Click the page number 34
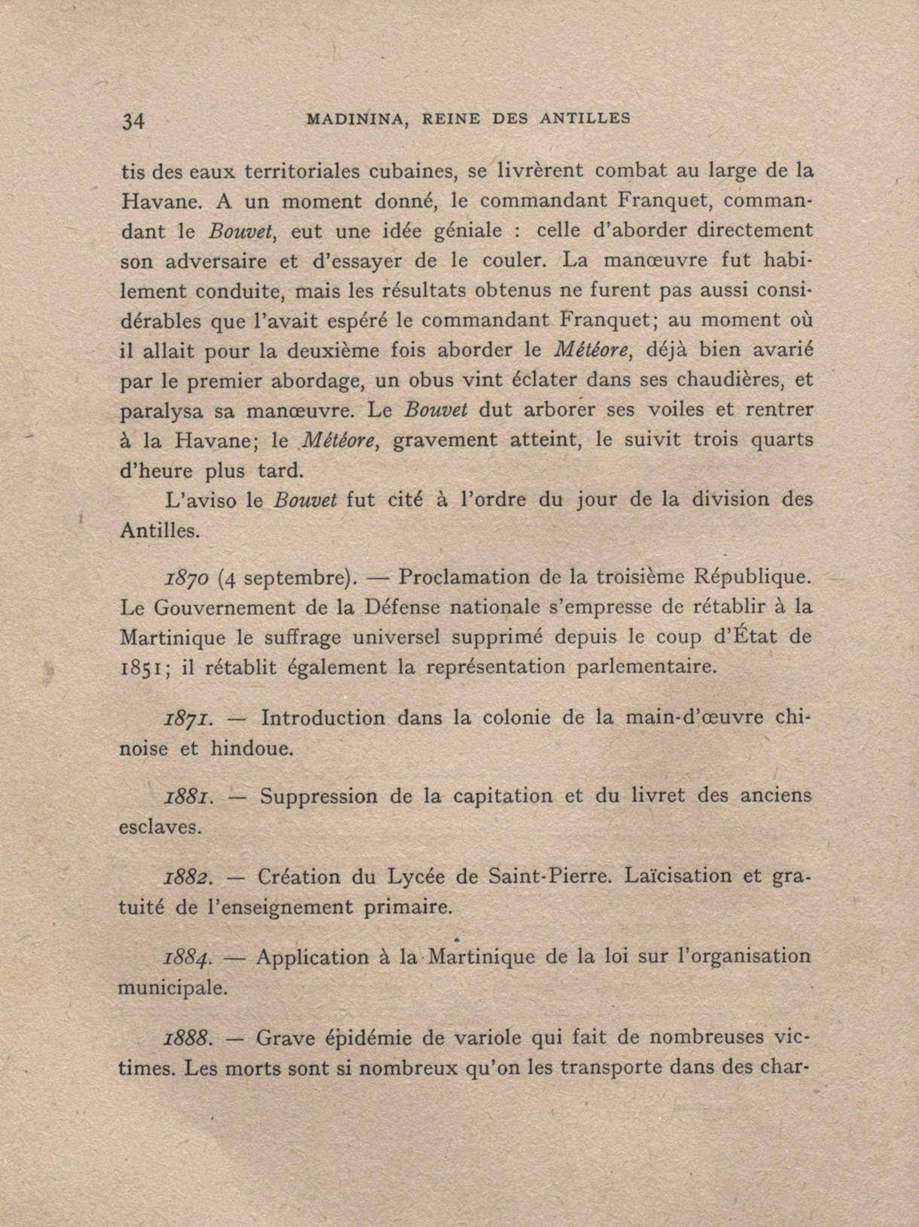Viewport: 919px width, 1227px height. [133, 121]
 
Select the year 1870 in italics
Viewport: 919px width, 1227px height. [186, 578]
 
